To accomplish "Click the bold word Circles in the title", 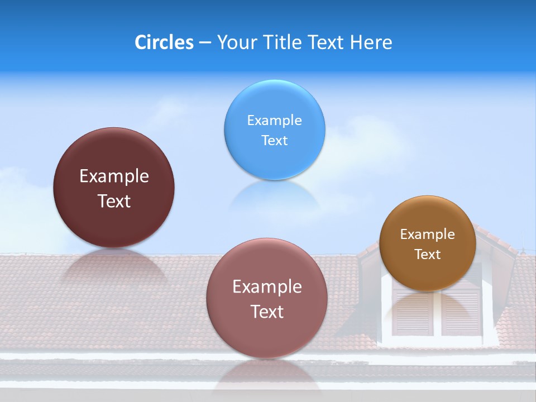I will click(x=164, y=42).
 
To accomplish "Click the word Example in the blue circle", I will click(x=275, y=120).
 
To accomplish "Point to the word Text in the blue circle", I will click(x=275, y=140).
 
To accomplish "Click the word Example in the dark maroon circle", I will click(x=114, y=176).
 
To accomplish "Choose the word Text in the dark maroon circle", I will click(x=114, y=201).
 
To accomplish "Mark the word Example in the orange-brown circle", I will click(x=428, y=234).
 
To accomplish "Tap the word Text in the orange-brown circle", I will click(x=428, y=255).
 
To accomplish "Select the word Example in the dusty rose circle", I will click(x=267, y=286).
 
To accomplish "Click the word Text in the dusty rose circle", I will click(x=267, y=312).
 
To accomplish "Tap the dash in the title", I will click(x=205, y=43).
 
